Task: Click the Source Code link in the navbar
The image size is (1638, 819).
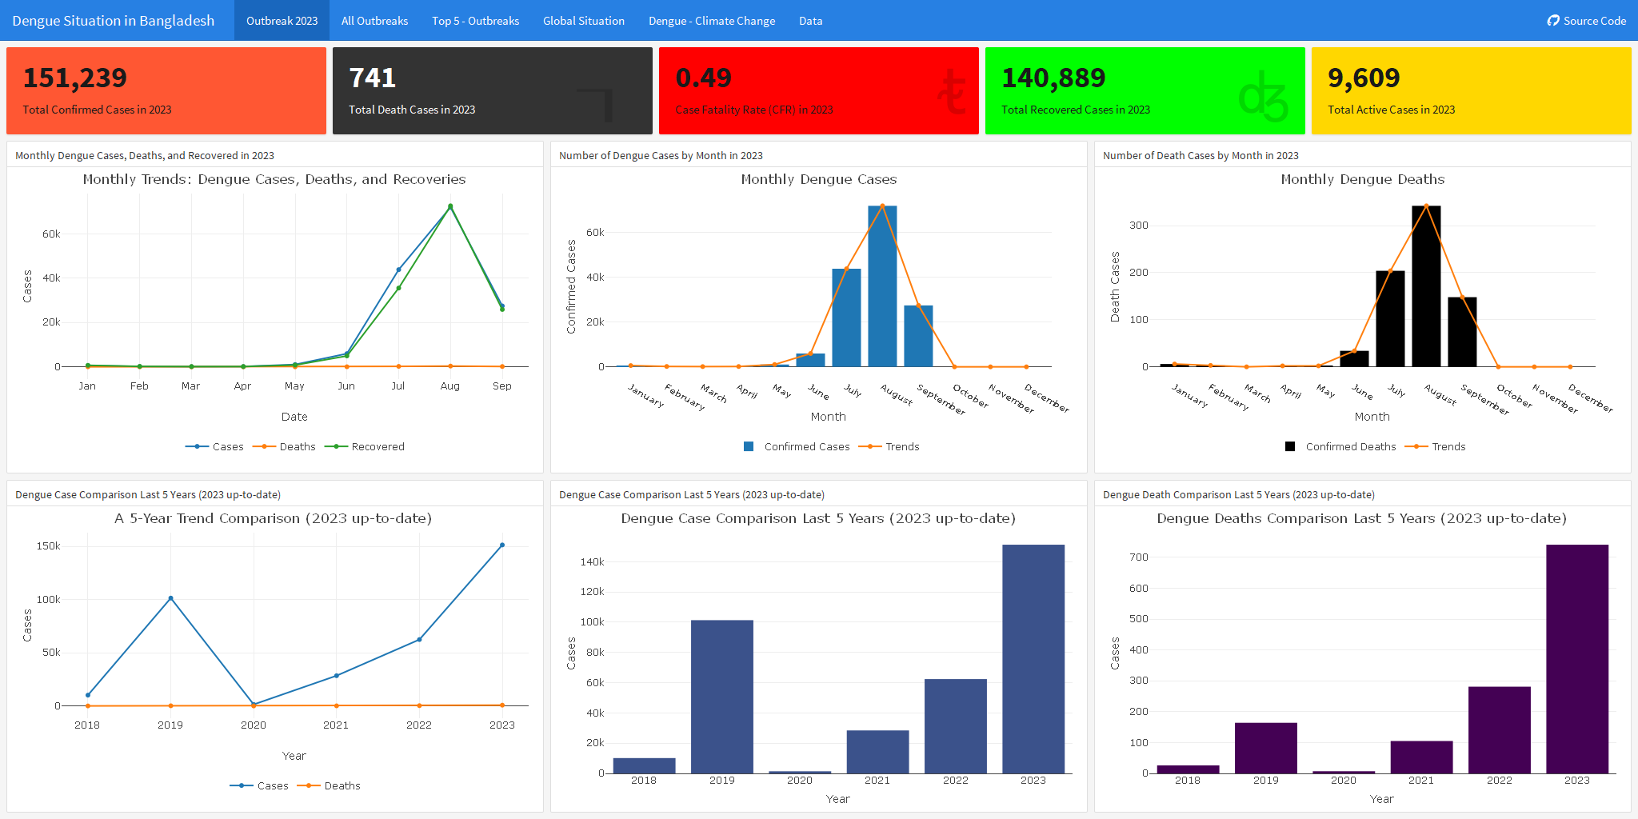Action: click(1587, 21)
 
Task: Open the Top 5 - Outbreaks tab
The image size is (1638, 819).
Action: click(475, 21)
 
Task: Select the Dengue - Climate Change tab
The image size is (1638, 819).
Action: click(711, 21)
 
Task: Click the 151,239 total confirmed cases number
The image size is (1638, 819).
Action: click(74, 78)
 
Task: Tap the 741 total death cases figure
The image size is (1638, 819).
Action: click(372, 78)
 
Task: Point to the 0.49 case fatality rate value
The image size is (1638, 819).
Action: click(703, 78)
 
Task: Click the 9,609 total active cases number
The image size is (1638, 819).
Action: click(1364, 78)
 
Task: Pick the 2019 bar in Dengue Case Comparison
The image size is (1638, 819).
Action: click(721, 696)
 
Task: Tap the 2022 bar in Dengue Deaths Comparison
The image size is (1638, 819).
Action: click(1499, 729)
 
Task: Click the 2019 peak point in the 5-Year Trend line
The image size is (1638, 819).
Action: click(170, 598)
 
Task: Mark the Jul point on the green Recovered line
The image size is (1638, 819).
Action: click(398, 288)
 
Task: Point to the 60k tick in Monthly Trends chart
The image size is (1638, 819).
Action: click(51, 234)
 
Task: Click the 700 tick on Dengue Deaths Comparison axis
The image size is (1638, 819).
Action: click(1139, 557)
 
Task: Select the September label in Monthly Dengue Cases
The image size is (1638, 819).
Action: click(941, 399)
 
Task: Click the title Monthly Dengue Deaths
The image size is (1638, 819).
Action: click(1362, 179)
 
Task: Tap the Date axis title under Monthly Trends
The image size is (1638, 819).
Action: click(294, 417)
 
